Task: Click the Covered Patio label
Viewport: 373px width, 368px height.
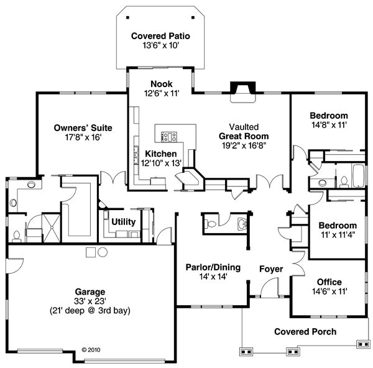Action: click(x=160, y=36)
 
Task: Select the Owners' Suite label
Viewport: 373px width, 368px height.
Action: click(x=76, y=127)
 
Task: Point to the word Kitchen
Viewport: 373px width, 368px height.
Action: click(x=161, y=153)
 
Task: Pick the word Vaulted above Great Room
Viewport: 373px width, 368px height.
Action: click(x=243, y=126)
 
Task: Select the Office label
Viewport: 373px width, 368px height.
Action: click(x=329, y=282)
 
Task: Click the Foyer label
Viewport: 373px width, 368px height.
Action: click(x=272, y=269)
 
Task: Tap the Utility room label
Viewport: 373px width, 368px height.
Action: click(x=124, y=221)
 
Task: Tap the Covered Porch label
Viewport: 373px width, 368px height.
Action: click(x=305, y=331)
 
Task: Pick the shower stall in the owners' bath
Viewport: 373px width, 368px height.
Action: click(x=47, y=228)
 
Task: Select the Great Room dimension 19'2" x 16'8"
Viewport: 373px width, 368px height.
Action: click(x=243, y=145)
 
